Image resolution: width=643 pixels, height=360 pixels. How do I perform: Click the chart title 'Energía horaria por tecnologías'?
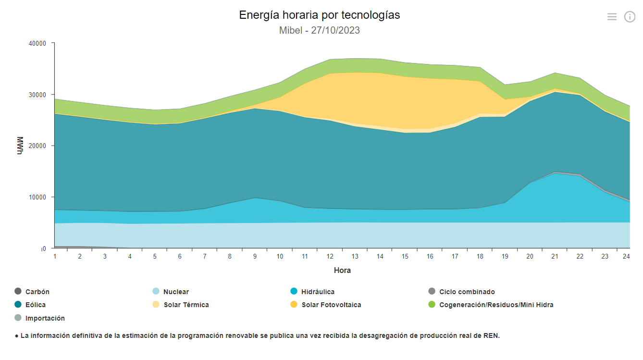(320, 15)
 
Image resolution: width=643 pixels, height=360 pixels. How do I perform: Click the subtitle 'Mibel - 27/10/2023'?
(320, 30)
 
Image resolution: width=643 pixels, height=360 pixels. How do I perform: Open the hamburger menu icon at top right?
(612, 17)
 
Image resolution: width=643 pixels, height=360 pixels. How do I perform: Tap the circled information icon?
(630, 17)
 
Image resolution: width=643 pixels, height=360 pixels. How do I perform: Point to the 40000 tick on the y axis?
(37, 43)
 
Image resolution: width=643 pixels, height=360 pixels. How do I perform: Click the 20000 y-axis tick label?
(37, 146)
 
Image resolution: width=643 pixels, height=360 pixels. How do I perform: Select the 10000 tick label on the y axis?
(37, 197)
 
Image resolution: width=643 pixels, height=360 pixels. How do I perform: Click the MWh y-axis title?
(20, 146)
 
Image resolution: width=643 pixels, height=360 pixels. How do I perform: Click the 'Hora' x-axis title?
(342, 270)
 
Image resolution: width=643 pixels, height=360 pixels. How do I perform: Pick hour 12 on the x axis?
(330, 257)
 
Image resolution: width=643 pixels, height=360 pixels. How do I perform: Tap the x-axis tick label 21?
(555, 257)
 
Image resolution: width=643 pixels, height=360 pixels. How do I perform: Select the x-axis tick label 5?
(155, 257)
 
